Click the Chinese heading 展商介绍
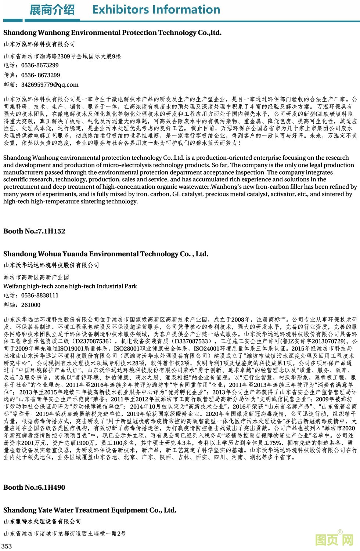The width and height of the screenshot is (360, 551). click(52, 10)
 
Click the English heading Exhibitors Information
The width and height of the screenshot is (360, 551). click(156, 10)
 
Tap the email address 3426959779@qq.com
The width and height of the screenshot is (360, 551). click(50, 85)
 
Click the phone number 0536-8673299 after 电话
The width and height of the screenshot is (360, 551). click(40, 65)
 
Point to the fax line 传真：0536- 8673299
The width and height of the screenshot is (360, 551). click(32, 75)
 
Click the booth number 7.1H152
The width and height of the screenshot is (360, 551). click(51, 231)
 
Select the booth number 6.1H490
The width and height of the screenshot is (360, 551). click(51, 487)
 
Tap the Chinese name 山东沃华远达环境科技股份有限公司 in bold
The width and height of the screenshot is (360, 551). click(51, 265)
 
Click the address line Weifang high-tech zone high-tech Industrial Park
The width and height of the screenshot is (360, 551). click(70, 286)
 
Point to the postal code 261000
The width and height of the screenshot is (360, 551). click(31, 305)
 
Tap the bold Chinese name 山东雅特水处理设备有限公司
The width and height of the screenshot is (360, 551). click(42, 521)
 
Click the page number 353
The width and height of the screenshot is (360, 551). click(7, 546)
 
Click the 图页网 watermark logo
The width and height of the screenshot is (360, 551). click(334, 539)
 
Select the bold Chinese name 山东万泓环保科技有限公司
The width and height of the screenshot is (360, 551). click(39, 44)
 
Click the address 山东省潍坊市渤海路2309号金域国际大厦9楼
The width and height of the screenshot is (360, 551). click(62, 57)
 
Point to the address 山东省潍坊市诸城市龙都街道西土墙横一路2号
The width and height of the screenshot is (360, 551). click(65, 533)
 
